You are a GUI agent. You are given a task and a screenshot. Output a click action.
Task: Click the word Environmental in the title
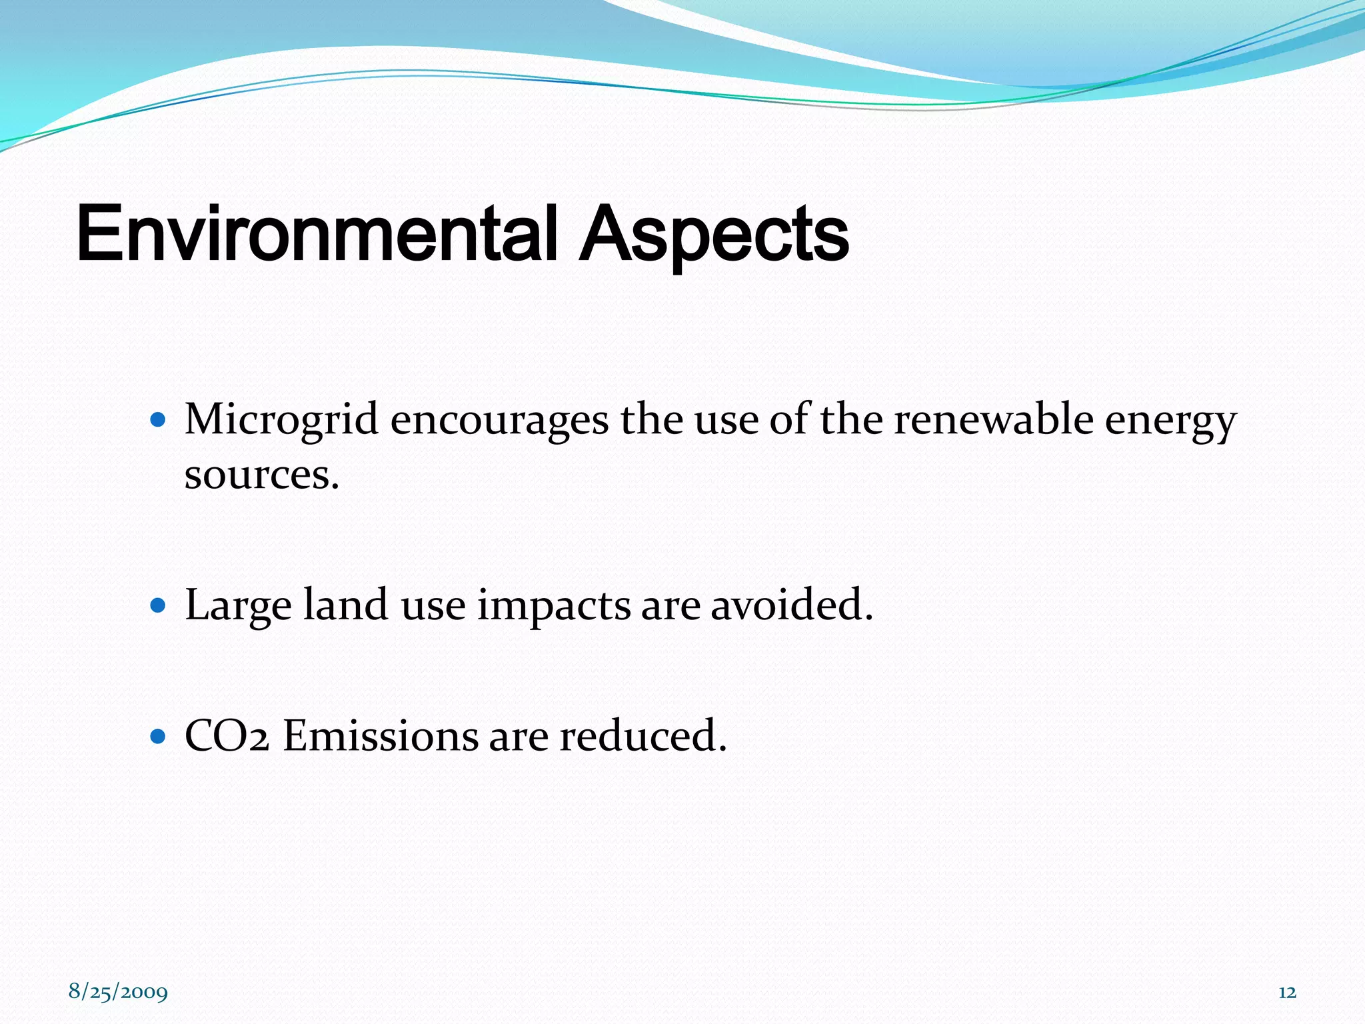pos(317,235)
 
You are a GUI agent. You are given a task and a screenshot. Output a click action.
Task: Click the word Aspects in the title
pos(713,235)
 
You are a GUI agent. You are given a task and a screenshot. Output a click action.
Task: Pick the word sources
pos(261,476)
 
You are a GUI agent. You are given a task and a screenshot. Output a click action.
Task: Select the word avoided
pos(791,605)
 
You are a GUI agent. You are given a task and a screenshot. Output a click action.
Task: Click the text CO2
pos(227,737)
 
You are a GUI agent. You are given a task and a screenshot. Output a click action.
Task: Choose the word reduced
pos(643,737)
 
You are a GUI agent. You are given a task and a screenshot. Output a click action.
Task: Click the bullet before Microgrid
pos(158,420)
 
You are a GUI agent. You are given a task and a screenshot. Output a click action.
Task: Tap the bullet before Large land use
pos(158,605)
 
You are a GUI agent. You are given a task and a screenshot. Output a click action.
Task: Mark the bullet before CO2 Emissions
pos(158,736)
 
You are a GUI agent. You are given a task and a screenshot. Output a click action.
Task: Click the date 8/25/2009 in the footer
pos(118,992)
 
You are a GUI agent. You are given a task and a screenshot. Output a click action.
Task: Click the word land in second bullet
pos(345,605)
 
